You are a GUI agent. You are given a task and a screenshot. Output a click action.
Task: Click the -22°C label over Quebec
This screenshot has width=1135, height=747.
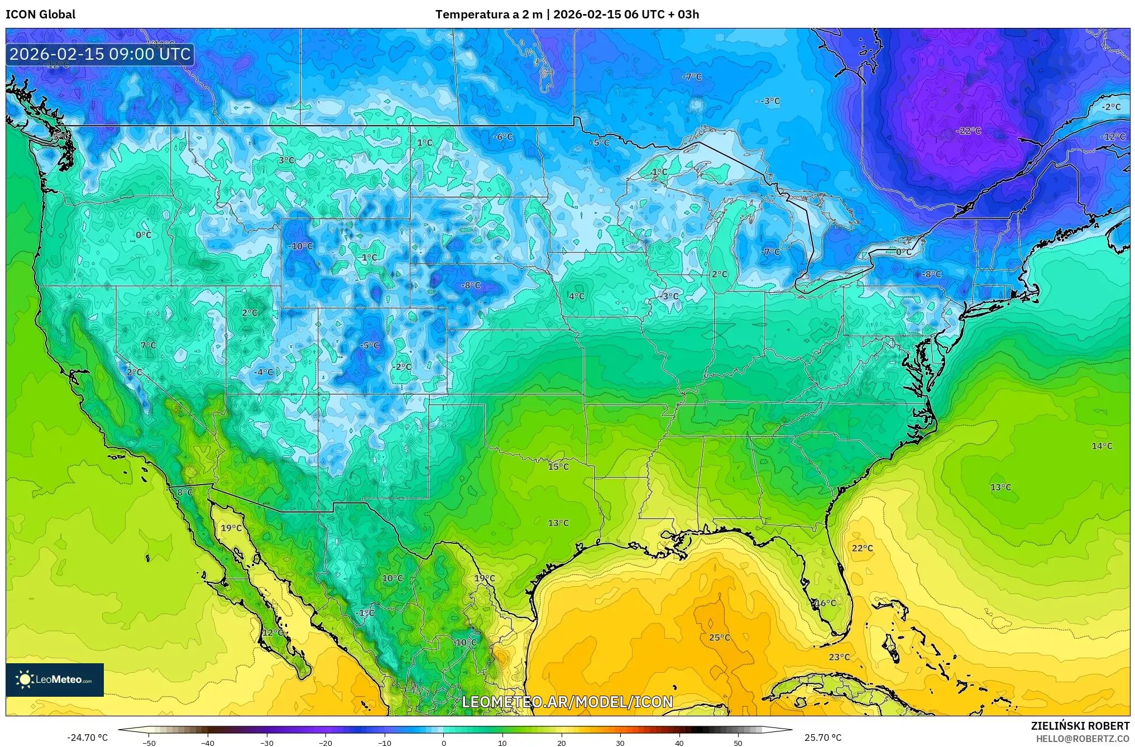[x=969, y=131]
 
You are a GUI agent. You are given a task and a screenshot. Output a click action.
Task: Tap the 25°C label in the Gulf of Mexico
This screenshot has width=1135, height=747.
[x=719, y=638]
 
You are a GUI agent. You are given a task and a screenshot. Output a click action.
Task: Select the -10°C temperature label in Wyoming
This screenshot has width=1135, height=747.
[x=300, y=246]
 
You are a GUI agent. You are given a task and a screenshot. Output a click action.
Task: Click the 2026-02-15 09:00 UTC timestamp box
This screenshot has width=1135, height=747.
[x=100, y=54]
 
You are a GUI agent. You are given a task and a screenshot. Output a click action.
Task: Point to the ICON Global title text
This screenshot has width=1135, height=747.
[x=40, y=14]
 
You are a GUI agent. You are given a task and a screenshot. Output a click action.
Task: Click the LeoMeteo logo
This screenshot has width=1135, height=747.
[x=55, y=679]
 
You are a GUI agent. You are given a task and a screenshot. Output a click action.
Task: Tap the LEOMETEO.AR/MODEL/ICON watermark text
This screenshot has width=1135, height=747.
[x=567, y=702]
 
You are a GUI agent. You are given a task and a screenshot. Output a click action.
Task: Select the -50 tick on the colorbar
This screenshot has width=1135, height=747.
[x=149, y=743]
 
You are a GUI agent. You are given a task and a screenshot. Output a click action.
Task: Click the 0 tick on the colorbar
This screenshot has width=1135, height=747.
[x=444, y=743]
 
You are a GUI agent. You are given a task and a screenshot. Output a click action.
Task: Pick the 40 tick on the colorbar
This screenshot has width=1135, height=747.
[x=679, y=743]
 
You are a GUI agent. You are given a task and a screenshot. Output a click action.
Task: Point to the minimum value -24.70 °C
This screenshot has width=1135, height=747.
[x=87, y=738]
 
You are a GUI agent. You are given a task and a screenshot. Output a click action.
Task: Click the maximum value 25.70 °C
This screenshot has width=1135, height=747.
[x=823, y=738]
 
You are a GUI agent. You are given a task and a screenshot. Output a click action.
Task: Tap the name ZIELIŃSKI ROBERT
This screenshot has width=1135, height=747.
[x=1080, y=726]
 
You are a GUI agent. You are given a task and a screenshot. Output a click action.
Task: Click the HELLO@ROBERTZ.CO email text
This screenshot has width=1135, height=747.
[x=1083, y=739]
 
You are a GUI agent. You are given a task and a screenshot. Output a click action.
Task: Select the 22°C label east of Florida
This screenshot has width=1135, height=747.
[x=862, y=548]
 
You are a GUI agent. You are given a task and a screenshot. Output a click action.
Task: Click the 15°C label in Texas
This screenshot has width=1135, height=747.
[x=558, y=467]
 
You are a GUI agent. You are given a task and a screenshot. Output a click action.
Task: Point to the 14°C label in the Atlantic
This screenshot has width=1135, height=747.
[x=1102, y=446]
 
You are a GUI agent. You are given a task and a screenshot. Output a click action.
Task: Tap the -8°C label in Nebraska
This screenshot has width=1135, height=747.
[x=470, y=285]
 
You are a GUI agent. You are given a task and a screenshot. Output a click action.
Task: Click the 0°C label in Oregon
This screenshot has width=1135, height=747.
[x=143, y=235]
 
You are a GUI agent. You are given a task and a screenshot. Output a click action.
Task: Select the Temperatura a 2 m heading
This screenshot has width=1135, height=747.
[x=489, y=14]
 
